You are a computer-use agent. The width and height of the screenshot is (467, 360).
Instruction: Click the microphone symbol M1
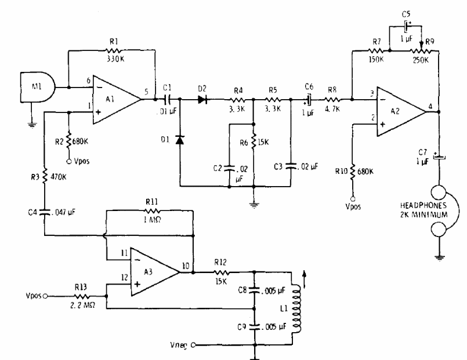[38, 87]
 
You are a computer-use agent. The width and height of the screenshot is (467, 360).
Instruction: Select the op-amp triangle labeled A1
[116, 99]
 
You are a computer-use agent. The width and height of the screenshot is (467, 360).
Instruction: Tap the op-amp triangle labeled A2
[401, 111]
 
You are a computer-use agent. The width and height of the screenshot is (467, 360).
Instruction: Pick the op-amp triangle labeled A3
[155, 272]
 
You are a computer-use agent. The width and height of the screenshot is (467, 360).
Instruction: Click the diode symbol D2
[202, 99]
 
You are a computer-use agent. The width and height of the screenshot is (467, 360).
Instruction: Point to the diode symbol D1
[180, 140]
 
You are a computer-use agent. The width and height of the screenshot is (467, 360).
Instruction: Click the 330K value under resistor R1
[115, 59]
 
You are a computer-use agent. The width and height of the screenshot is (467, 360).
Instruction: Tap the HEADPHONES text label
[423, 206]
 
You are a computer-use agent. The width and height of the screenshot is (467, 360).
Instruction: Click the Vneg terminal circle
[193, 345]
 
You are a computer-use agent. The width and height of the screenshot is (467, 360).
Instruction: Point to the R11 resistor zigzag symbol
[153, 211]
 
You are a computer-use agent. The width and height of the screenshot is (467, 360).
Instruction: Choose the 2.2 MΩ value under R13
[83, 306]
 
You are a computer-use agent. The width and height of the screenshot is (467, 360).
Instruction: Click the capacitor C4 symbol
[45, 212]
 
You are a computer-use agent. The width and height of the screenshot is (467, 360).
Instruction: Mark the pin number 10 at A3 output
[185, 266]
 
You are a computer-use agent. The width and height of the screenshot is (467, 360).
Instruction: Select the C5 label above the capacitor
[406, 14]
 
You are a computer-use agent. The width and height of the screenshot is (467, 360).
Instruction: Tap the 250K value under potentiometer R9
[421, 60]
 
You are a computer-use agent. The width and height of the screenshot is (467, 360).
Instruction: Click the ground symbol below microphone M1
[32, 125]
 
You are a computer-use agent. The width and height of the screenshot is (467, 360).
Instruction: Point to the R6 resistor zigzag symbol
[254, 142]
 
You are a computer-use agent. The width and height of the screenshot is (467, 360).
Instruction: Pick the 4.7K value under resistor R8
[332, 109]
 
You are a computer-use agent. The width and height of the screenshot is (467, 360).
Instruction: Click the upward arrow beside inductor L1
[304, 279]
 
